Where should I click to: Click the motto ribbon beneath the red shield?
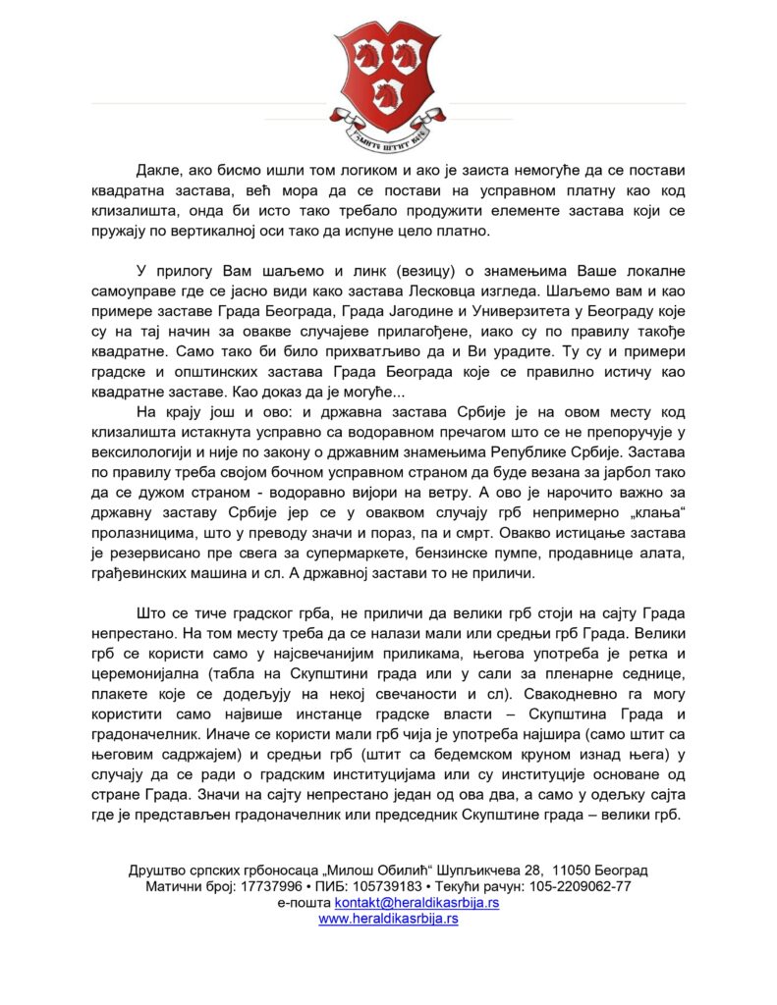pyautogui.click(x=388, y=135)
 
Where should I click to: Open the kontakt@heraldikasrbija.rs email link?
pyautogui.click(x=416, y=903)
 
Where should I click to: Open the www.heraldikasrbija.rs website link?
pyautogui.click(x=388, y=920)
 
